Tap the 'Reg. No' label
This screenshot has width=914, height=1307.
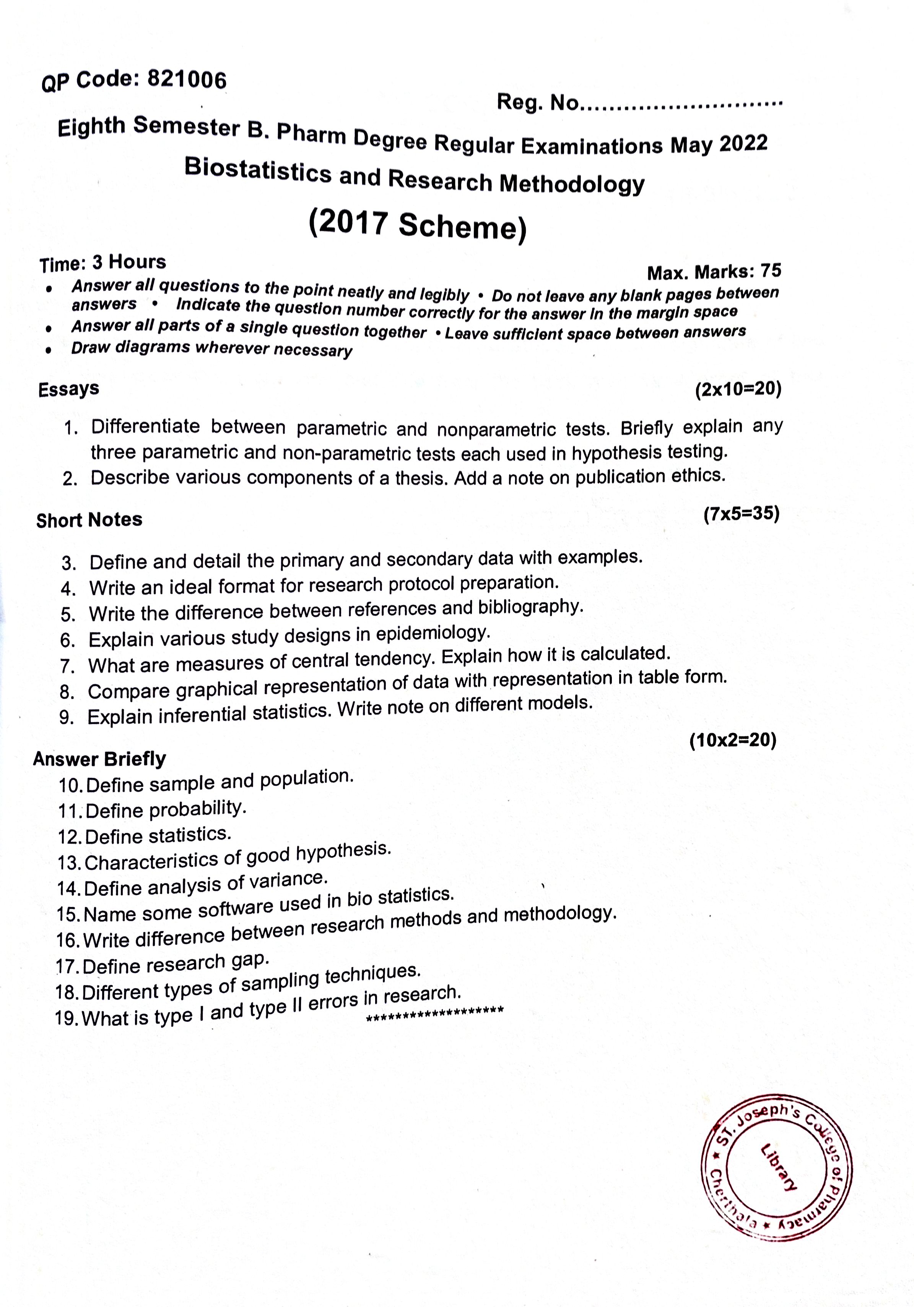click(x=537, y=102)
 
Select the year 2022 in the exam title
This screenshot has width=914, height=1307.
click(x=743, y=143)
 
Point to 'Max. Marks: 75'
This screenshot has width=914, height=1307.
click(x=714, y=272)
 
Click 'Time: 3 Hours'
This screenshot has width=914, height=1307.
click(x=102, y=263)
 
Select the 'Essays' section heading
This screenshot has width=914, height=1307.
click(x=68, y=389)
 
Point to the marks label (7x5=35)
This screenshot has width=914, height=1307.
click(x=741, y=514)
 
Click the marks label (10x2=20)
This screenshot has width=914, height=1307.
click(x=733, y=740)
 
